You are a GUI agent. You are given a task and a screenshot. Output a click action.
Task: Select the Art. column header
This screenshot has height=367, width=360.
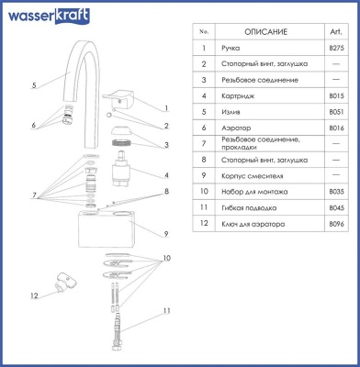pyautogui.click(x=336, y=32)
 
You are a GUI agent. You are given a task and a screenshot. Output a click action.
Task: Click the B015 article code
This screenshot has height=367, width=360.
pyautogui.click(x=336, y=95)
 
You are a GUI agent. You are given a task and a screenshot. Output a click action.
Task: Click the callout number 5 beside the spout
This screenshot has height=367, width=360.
pyautogui.click(x=33, y=85)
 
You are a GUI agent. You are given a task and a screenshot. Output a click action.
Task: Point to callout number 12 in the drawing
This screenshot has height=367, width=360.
pyautogui.click(x=33, y=295)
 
